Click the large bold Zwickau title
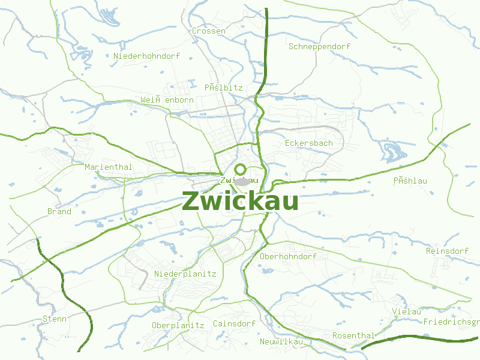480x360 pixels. click(x=240, y=202)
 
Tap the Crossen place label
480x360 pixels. click(x=209, y=31)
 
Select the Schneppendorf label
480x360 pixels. click(x=319, y=46)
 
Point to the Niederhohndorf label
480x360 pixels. click(x=146, y=56)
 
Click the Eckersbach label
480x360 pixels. click(x=308, y=143)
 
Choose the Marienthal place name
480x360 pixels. click(x=109, y=167)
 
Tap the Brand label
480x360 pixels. click(x=59, y=211)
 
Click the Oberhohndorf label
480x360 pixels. click(x=288, y=256)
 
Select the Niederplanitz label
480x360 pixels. click(x=185, y=274)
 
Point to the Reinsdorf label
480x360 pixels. click(x=447, y=251)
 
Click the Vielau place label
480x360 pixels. click(x=407, y=311)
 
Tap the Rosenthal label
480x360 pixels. click(x=353, y=335)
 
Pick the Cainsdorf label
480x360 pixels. click(x=234, y=323)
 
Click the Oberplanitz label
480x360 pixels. click(x=178, y=325)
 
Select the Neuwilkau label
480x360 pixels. click(x=281, y=341)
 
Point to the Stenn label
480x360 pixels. click(x=55, y=319)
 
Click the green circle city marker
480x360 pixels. click(x=241, y=169)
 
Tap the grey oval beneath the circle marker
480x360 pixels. click(x=242, y=181)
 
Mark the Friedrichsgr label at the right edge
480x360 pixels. click(x=451, y=322)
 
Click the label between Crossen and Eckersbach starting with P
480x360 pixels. click(x=223, y=88)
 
